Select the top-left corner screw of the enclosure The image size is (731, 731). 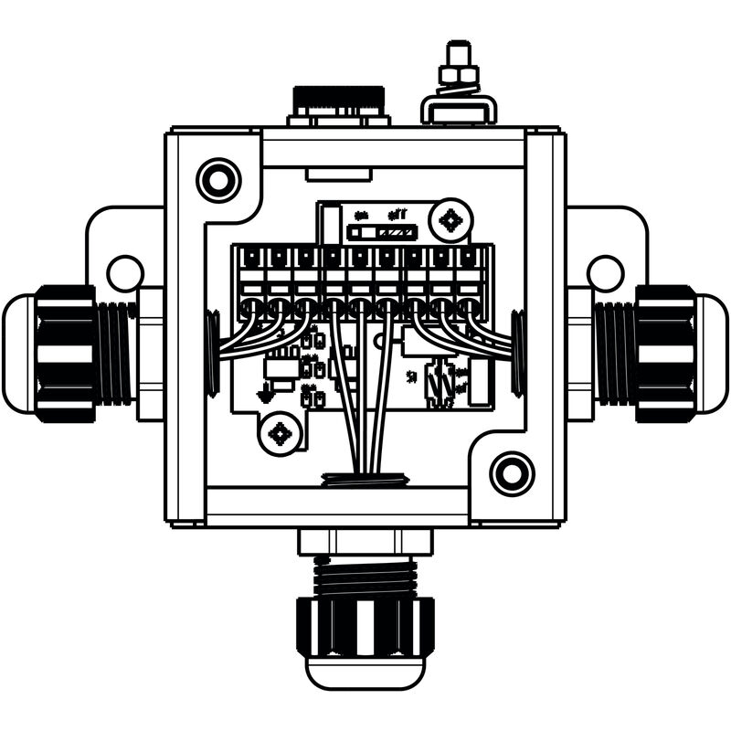[x=219, y=180]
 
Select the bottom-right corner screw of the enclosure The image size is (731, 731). [x=512, y=473]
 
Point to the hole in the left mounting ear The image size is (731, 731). [x=124, y=272]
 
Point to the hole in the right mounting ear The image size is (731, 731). [x=605, y=272]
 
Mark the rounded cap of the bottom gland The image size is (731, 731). [x=365, y=673]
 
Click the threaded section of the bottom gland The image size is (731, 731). [x=365, y=576]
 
